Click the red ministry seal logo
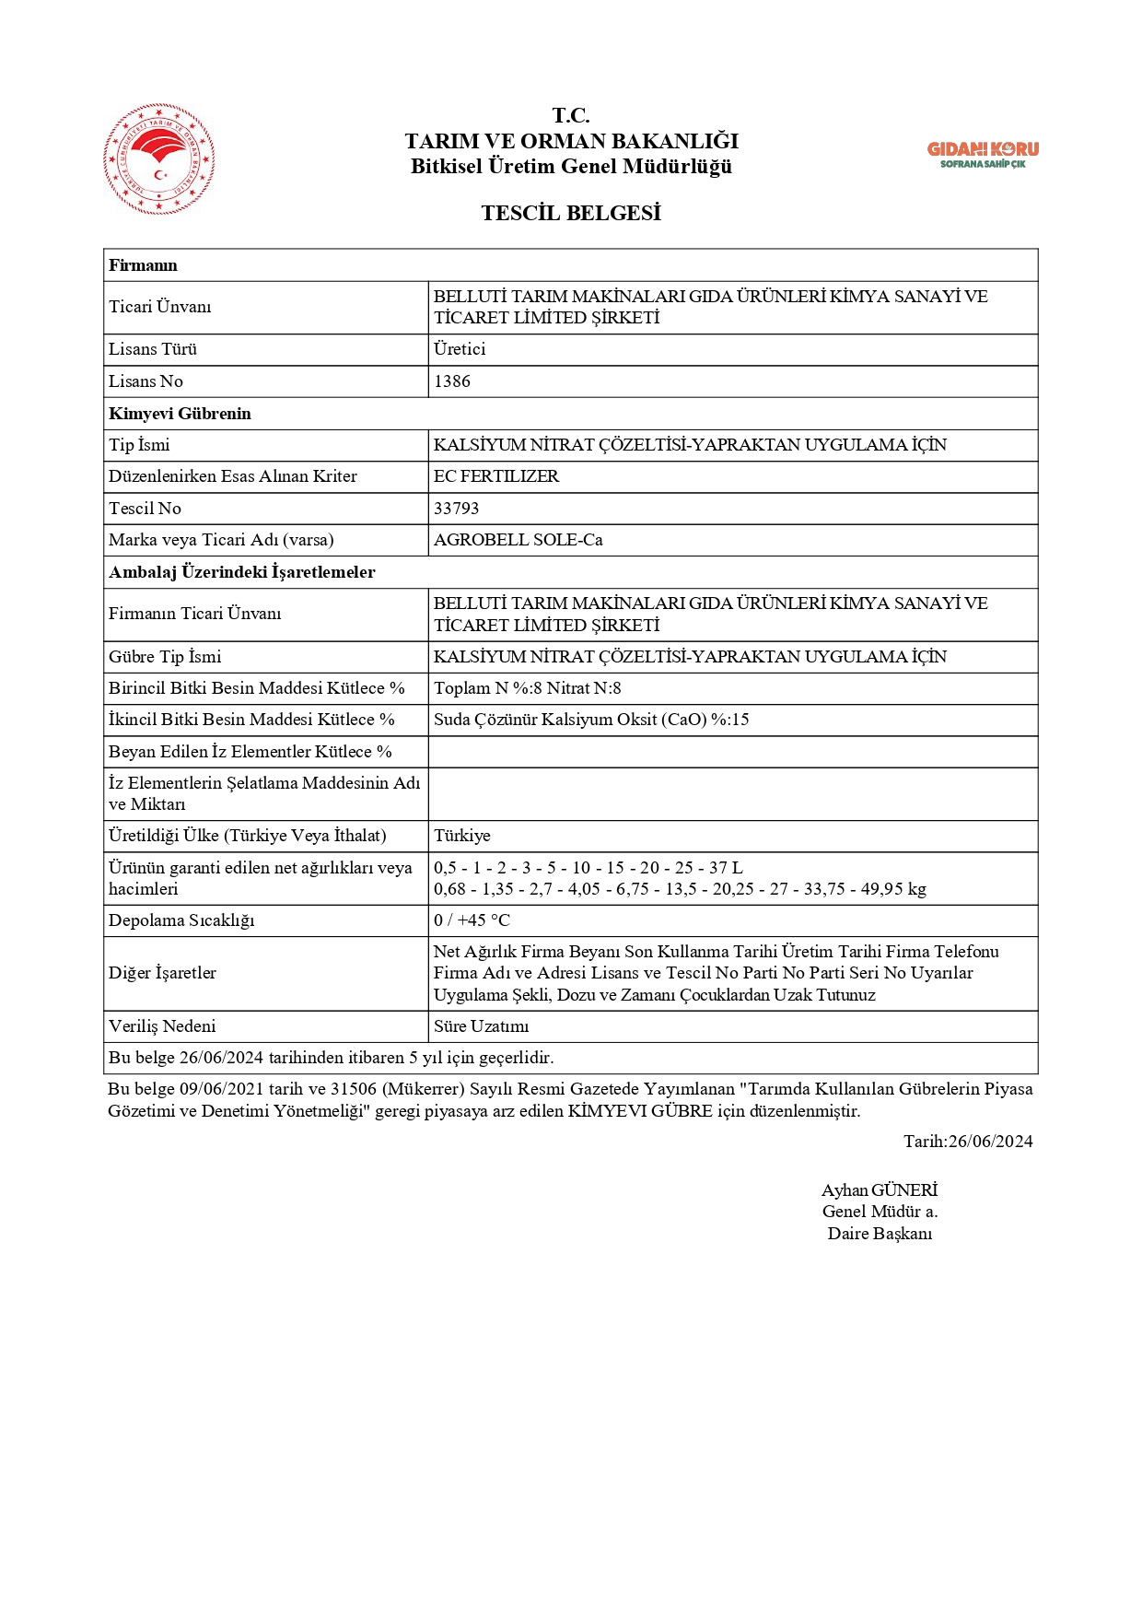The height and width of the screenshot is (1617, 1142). (159, 159)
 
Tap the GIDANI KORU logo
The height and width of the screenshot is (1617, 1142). (982, 154)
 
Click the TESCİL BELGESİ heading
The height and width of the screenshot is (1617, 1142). (571, 213)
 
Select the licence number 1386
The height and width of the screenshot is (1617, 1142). (452, 381)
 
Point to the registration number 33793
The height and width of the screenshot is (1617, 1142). (457, 509)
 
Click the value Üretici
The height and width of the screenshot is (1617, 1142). (460, 349)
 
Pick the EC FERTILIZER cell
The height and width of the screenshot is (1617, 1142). (496, 476)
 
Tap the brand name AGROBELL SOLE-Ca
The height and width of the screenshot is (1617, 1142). (519, 540)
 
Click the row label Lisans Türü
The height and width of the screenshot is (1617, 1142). (153, 349)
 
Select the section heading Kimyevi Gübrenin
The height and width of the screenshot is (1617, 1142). (180, 414)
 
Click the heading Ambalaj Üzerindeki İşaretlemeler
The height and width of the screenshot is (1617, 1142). (242, 572)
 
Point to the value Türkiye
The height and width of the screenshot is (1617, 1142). (462, 836)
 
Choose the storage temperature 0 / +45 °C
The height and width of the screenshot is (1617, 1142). (472, 920)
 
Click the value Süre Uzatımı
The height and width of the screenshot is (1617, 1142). (482, 1026)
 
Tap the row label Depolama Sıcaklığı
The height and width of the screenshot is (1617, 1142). (181, 920)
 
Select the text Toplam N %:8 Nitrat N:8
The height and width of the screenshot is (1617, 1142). (528, 688)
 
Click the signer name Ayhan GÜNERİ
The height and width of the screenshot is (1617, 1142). (880, 1190)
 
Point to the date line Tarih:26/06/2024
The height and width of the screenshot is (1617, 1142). (968, 1142)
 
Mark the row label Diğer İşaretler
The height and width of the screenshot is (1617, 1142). (162, 973)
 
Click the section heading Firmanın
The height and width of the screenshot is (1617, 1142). (143, 265)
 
